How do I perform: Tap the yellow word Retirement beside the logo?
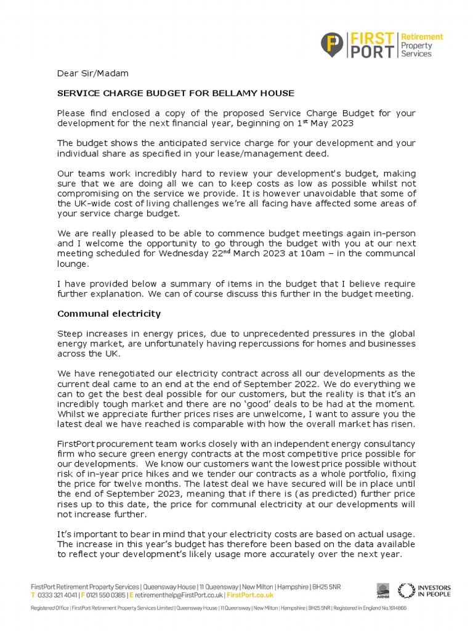click(x=422, y=37)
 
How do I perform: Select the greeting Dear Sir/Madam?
click(x=93, y=73)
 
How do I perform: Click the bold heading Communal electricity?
click(x=109, y=314)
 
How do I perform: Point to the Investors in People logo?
click(x=424, y=590)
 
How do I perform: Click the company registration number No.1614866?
click(x=387, y=608)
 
